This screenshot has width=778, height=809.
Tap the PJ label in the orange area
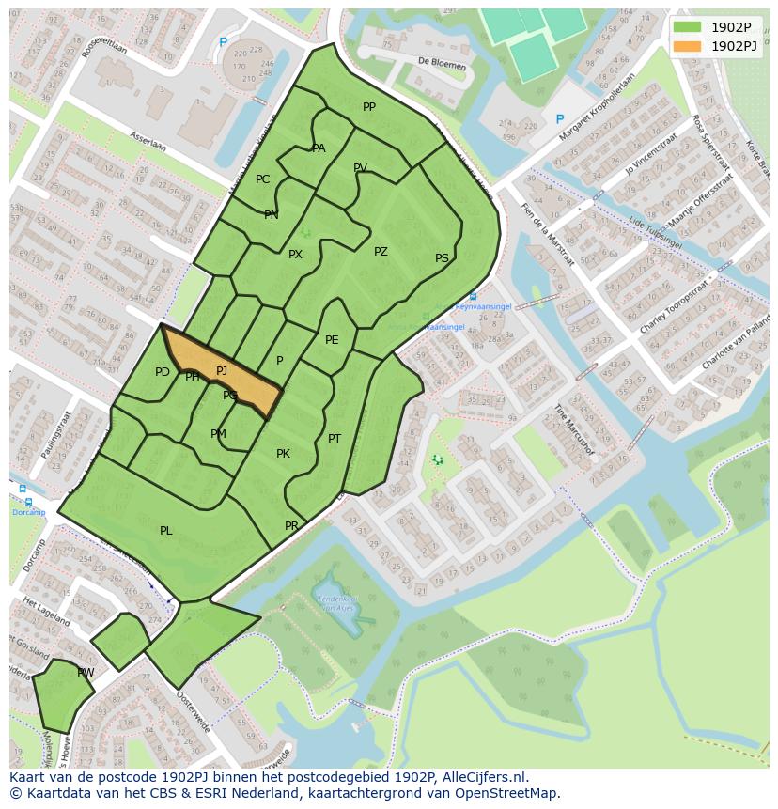point(222,371)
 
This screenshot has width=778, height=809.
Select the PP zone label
point(369,107)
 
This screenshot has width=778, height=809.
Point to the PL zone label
point(166,531)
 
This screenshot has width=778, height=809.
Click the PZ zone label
point(381,252)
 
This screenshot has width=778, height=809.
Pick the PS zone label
point(442,258)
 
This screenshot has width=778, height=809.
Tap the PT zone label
point(335,439)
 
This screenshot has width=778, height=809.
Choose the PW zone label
point(86,673)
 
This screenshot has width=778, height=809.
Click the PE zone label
point(332,340)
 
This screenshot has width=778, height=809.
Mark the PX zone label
point(295,255)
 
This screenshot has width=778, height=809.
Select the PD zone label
point(163,372)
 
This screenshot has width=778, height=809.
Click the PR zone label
point(291,526)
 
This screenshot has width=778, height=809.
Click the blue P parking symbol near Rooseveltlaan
point(223,42)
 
